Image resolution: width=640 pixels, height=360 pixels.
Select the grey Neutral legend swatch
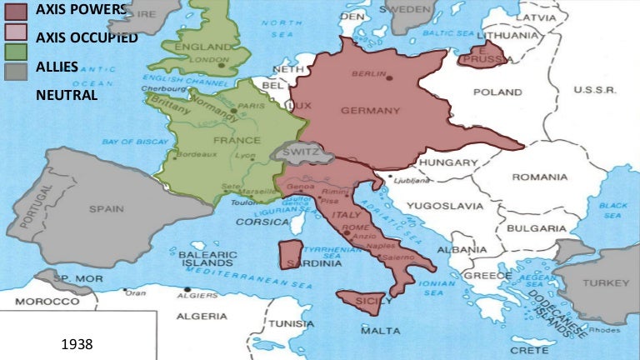16,71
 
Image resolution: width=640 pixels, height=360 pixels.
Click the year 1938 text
77,343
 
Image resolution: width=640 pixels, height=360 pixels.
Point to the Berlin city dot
389,77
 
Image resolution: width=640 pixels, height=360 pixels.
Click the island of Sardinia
289,253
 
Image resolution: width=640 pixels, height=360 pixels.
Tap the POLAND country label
497,92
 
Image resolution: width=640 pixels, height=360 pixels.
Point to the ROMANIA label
539,177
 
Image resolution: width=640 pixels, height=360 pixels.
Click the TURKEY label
606,282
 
